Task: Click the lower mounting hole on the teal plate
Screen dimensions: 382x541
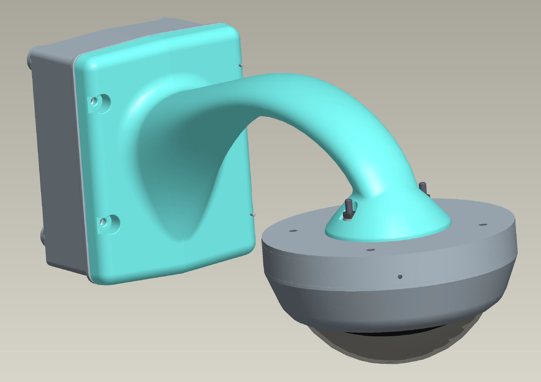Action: (108, 224)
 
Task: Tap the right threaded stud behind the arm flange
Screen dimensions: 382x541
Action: (423, 187)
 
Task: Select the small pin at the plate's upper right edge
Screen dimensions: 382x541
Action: (242, 65)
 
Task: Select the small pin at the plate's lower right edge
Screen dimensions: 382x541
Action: (253, 214)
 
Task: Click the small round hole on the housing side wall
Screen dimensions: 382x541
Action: (400, 277)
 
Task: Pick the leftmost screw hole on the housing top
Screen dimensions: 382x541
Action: (292, 231)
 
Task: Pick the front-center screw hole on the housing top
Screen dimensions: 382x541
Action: (370, 249)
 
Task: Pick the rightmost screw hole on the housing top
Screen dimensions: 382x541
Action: (482, 225)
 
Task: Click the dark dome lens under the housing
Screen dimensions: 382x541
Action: (392, 347)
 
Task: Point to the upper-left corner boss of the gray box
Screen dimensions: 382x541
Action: (30, 60)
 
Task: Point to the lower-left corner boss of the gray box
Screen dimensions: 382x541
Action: (43, 236)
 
